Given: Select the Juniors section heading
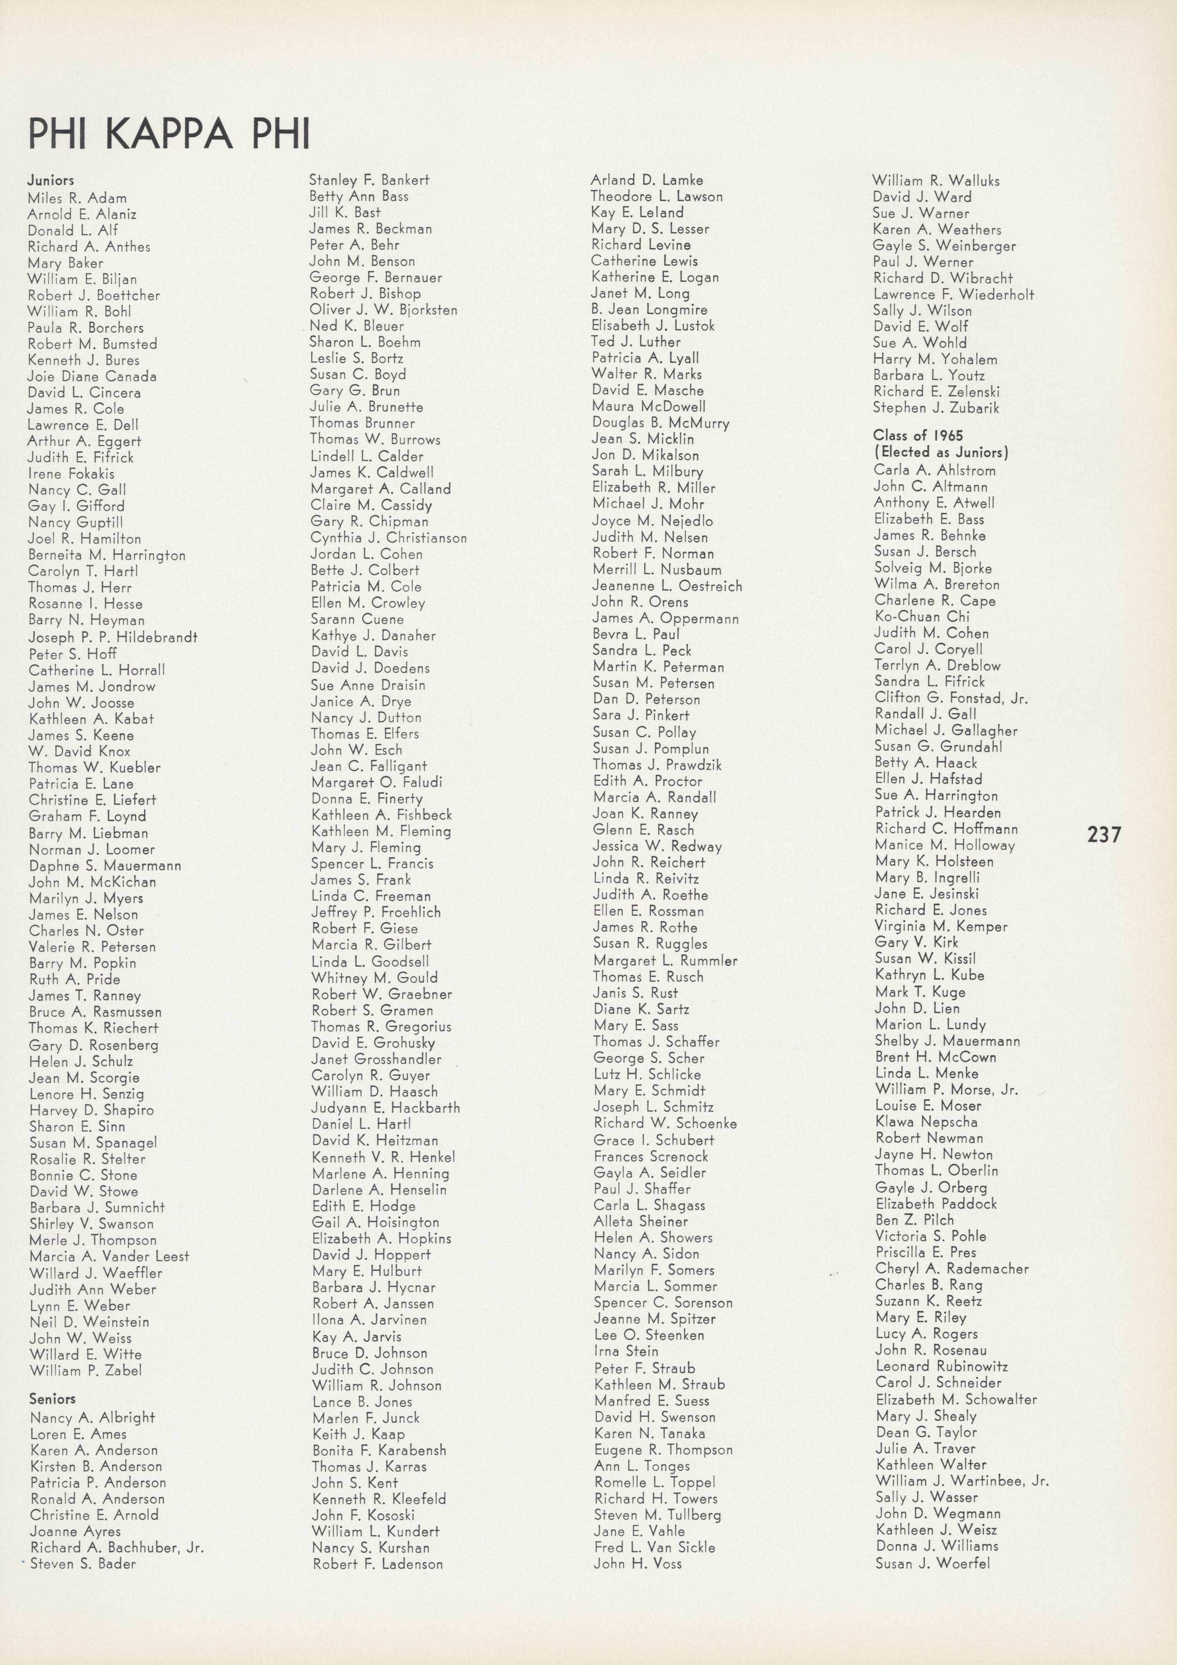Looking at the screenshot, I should click(x=51, y=180).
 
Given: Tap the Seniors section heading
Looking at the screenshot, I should click(x=52, y=1399).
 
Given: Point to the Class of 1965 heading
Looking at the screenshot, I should click(x=918, y=435).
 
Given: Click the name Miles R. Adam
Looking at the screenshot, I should click(x=77, y=198).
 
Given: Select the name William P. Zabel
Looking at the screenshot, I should click(x=86, y=1371).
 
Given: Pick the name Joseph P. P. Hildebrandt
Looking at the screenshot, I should click(x=112, y=637).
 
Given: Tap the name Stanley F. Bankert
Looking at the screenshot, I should click(x=369, y=180).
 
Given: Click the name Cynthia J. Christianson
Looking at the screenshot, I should click(x=389, y=538).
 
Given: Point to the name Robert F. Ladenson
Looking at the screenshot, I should click(x=378, y=1564).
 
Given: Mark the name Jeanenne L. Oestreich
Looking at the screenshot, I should click(x=667, y=586).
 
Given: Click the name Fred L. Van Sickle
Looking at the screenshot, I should click(x=655, y=1547).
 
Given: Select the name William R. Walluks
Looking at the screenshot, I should click(x=936, y=180).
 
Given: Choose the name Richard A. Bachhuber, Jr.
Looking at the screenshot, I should click(x=117, y=1547).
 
